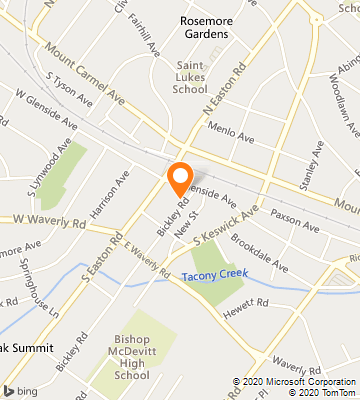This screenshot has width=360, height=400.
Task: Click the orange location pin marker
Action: (x=180, y=177)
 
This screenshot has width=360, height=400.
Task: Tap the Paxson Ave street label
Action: (x=293, y=212)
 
